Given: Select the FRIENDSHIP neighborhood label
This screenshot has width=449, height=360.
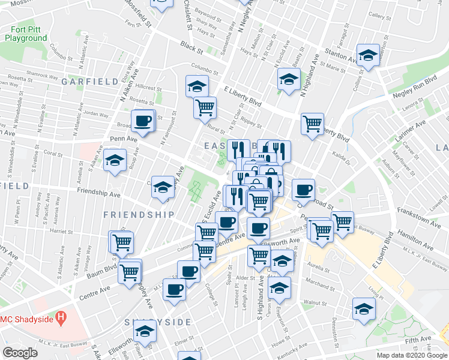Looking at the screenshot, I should (x=139, y=214).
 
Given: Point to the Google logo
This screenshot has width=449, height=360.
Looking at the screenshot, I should (x=20, y=353).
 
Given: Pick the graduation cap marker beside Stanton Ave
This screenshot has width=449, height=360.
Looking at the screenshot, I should (x=367, y=55).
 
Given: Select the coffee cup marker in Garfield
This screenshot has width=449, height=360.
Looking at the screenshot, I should (x=143, y=121).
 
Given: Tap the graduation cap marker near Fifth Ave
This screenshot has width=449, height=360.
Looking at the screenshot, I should (x=364, y=309).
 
